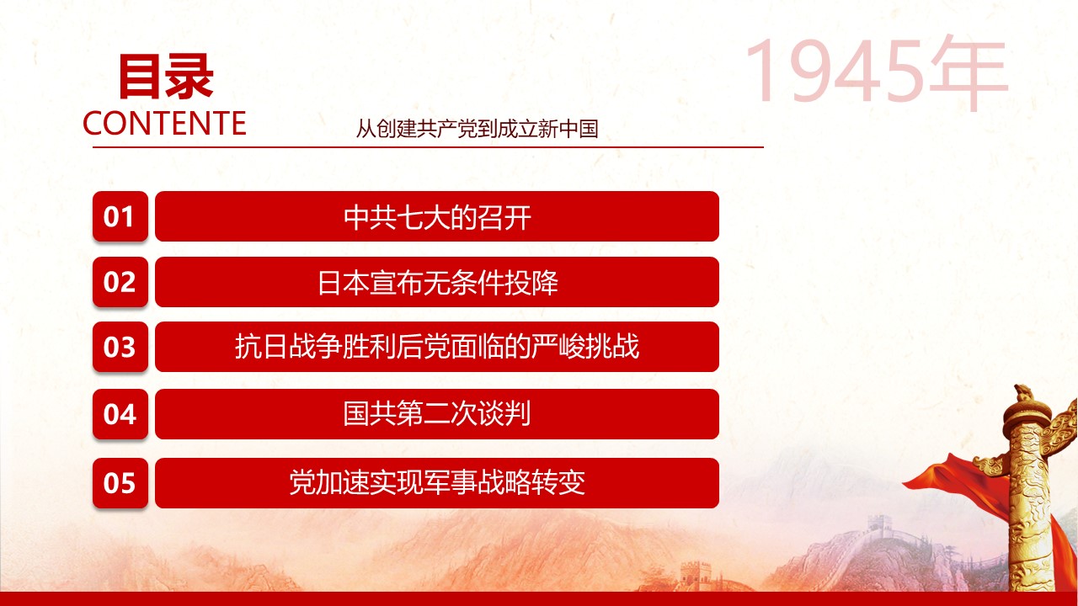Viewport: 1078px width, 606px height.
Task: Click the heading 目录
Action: click(166, 77)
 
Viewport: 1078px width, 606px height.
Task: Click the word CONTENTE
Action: click(164, 123)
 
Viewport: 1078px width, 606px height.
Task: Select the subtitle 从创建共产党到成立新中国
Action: click(477, 129)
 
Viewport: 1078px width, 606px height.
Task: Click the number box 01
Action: click(120, 216)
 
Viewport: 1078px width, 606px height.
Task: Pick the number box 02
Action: click(120, 282)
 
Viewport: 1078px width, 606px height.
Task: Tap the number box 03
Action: click(120, 347)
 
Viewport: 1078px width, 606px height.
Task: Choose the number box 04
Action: click(120, 414)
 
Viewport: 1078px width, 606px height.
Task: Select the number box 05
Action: click(120, 483)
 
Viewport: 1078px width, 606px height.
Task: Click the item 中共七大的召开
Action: click(437, 216)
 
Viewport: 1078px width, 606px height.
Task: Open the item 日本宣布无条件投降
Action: click(437, 282)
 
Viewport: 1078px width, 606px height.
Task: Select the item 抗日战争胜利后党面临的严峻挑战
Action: click(437, 347)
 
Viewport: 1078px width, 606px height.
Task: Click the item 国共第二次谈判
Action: click(437, 414)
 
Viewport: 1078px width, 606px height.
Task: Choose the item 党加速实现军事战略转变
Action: click(437, 483)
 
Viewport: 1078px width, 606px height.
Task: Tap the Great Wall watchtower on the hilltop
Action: click(880, 523)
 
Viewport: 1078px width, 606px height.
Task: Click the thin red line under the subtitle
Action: click(429, 147)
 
